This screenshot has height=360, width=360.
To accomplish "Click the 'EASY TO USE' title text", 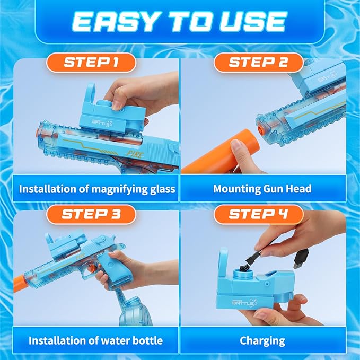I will coord(179,21).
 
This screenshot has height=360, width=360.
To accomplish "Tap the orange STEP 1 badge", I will coord(91,63).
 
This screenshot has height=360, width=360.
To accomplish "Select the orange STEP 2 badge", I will coord(258,63).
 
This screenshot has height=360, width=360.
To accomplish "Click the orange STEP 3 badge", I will coord(91,214).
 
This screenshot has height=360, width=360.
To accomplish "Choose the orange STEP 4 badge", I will coord(258,214).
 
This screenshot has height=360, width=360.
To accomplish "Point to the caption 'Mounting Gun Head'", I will coord(262,189).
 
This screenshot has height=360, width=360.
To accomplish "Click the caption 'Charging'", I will coord(262,340).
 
